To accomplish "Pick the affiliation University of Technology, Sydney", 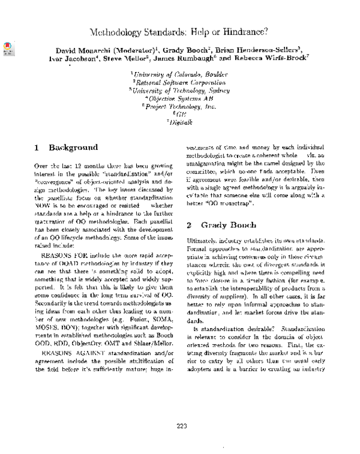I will point(179,93).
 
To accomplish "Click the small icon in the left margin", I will point(8,48).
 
